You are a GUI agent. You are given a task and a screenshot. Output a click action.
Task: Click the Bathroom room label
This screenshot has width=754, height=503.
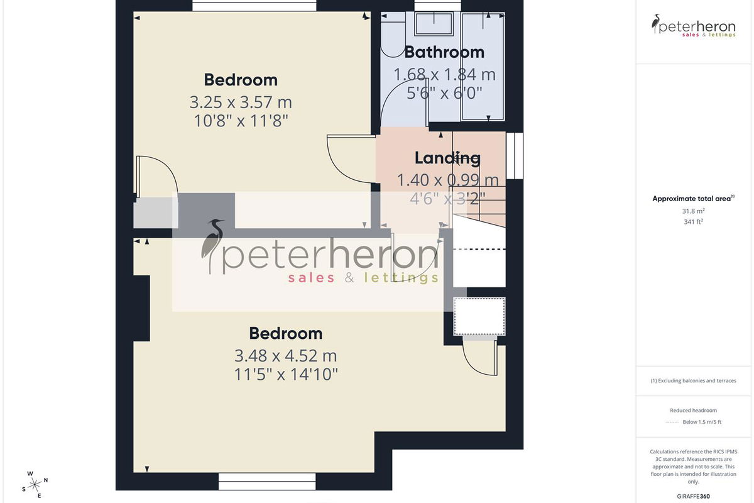click(444, 52)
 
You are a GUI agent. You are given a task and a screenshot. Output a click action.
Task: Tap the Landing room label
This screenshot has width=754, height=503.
click(447, 158)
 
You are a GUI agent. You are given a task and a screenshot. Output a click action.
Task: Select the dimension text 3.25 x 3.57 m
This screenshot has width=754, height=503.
click(241, 102)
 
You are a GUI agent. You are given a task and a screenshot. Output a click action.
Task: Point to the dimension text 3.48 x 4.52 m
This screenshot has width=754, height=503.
click(285, 355)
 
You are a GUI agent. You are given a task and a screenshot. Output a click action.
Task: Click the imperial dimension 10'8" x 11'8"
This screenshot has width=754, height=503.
click(241, 121)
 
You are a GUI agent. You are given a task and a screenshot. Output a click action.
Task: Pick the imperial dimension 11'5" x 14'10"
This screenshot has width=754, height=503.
click(286, 374)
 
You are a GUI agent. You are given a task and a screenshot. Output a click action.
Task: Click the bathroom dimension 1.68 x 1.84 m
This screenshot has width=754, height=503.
click(444, 74)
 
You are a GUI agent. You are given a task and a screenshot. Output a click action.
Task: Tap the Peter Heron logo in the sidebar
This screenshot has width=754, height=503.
click(694, 26)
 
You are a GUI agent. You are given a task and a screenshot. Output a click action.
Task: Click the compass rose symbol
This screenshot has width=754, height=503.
click(35, 485)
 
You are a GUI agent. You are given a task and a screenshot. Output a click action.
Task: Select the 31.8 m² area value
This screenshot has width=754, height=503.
click(693, 211)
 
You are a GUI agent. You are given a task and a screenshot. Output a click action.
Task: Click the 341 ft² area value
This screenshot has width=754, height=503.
click(693, 222)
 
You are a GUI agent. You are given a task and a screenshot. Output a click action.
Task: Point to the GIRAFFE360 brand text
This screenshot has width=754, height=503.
click(693, 496)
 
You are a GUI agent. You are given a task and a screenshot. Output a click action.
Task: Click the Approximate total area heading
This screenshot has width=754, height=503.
click(693, 199)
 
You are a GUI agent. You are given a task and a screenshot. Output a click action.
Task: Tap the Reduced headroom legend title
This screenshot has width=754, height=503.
click(693, 411)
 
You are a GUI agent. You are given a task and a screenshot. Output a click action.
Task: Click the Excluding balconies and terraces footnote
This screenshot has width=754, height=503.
click(693, 380)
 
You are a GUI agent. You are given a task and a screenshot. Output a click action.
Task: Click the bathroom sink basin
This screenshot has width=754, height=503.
click(434, 24)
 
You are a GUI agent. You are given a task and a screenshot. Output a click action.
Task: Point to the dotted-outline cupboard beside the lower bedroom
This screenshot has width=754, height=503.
click(479, 316)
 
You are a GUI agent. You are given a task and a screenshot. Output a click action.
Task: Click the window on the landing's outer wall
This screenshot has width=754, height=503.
click(515, 156)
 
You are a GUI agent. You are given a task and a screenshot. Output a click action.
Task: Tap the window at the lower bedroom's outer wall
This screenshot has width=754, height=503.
click(267, 481)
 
